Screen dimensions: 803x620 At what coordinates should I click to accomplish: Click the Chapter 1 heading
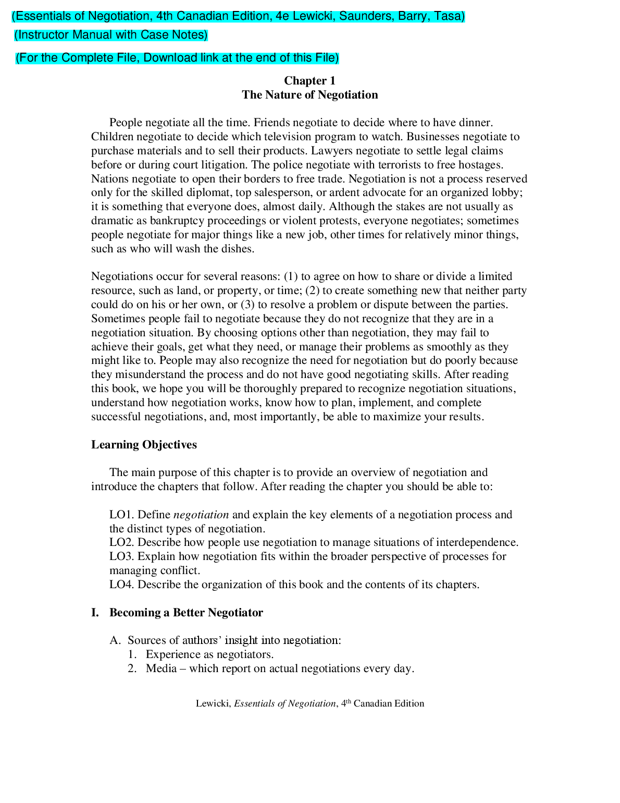309,81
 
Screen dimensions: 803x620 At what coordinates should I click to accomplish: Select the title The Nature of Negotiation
309,95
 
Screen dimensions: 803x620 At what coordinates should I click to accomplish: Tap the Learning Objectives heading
144,445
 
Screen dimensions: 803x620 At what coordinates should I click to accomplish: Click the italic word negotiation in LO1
201,515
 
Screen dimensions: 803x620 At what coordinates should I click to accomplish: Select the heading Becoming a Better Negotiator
186,613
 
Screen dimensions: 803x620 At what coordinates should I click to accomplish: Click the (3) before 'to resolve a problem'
247,305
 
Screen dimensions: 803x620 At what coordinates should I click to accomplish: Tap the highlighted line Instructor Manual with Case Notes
111,35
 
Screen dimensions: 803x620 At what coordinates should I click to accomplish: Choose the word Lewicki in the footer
213,703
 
